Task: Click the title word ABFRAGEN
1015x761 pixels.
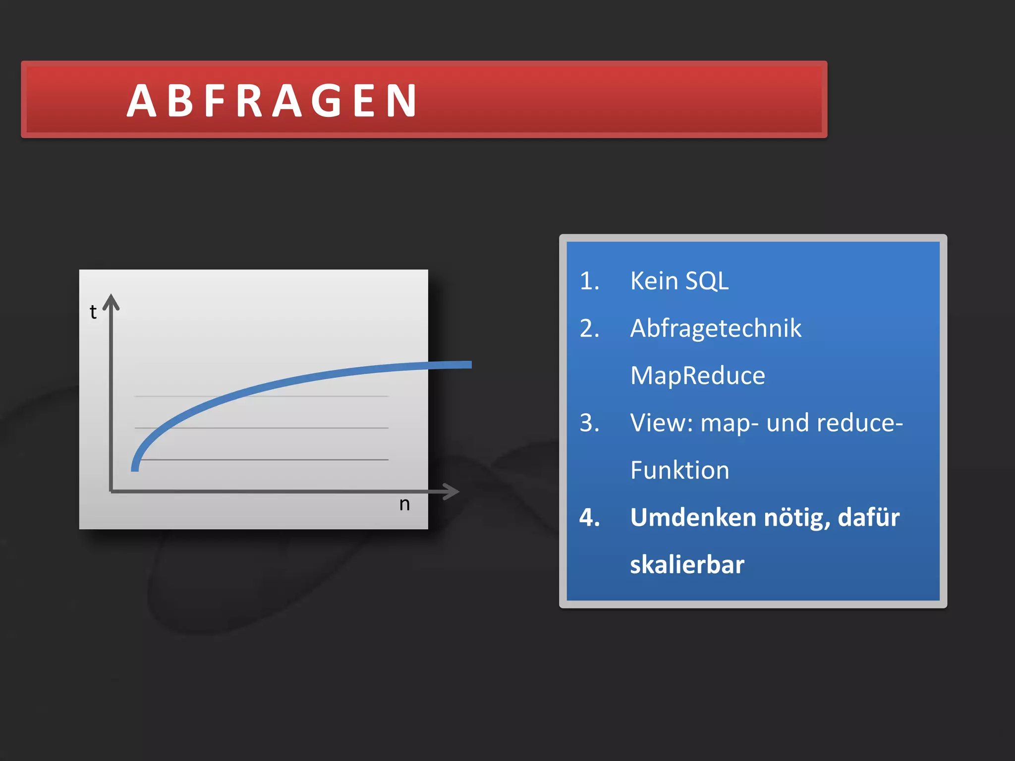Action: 272,101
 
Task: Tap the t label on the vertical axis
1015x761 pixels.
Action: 93,312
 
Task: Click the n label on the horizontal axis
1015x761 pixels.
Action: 404,504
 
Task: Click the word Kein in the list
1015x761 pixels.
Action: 654,281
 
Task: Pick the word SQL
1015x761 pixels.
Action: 707,281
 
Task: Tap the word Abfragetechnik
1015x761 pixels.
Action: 716,328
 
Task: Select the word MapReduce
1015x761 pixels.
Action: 698,376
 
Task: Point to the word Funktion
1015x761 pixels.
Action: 680,470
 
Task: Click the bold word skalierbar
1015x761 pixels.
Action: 687,565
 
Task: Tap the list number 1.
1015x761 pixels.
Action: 589,281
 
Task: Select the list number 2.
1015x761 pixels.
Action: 589,328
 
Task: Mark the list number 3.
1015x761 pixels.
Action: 589,423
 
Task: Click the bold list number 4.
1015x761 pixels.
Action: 589,517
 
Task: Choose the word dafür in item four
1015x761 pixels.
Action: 869,517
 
